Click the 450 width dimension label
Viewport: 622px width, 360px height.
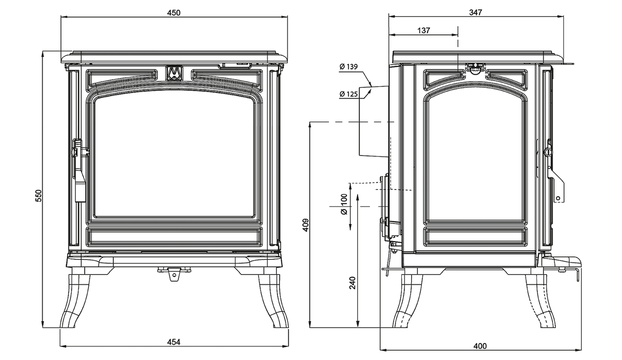point(174,13)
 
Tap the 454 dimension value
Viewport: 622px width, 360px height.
point(174,342)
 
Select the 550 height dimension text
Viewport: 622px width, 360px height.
point(38,196)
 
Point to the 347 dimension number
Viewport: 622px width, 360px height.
point(476,12)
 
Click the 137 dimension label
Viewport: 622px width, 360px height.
point(424,30)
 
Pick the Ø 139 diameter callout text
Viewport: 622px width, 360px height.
point(348,67)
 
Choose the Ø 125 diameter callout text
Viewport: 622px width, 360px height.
point(348,94)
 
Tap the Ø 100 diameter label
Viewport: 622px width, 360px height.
point(344,204)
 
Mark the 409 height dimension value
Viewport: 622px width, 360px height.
point(305,225)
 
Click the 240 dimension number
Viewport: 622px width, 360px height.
point(352,283)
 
